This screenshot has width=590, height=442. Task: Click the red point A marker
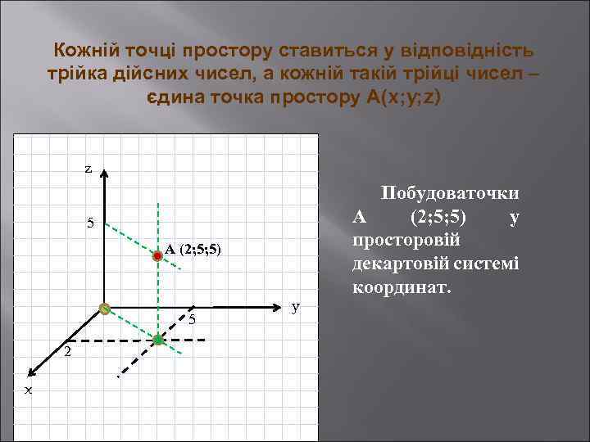pyautogui.click(x=157, y=255)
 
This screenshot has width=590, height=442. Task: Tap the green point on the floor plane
pyautogui.click(x=157, y=339)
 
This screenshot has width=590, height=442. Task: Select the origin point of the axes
pyautogui.click(x=104, y=309)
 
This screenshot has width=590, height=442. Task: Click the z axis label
pyautogui.click(x=88, y=169)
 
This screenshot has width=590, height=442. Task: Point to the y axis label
pyautogui.click(x=296, y=306)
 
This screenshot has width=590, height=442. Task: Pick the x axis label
pyautogui.click(x=29, y=390)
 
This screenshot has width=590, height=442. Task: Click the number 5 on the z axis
pyautogui.click(x=91, y=223)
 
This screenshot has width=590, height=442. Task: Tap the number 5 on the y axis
pyautogui.click(x=191, y=319)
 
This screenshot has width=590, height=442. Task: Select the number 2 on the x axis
pyautogui.click(x=68, y=352)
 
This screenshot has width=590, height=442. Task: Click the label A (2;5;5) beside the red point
pyautogui.click(x=193, y=249)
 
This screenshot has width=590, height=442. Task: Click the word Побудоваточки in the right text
pyautogui.click(x=450, y=193)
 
